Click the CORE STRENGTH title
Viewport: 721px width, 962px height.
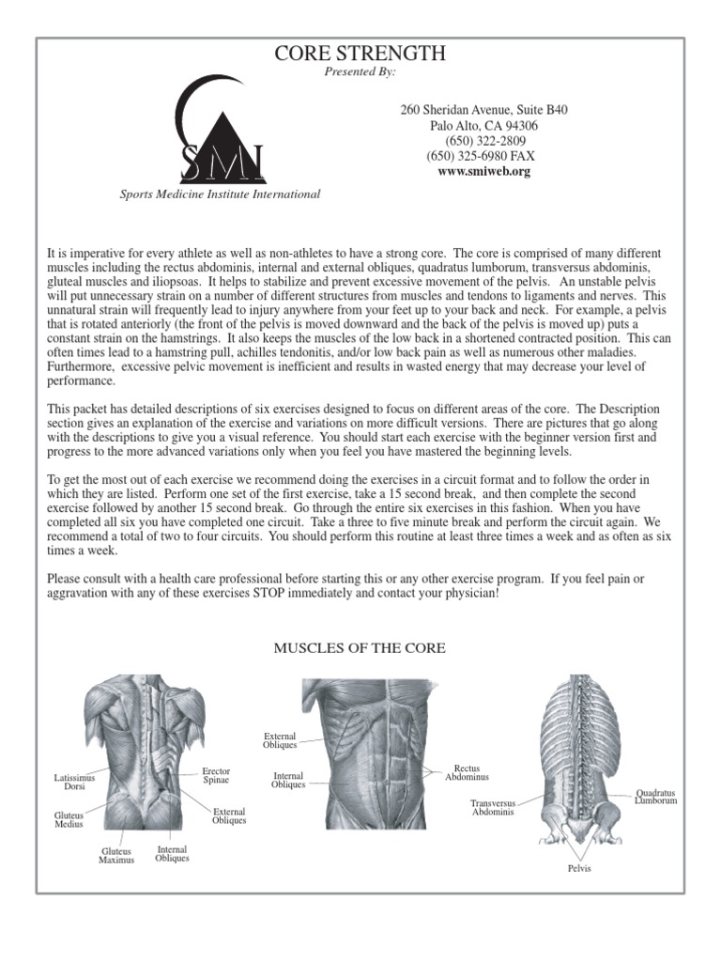pyautogui.click(x=360, y=54)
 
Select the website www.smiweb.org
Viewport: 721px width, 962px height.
pyautogui.click(x=483, y=172)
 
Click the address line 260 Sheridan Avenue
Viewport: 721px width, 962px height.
pyautogui.click(x=483, y=110)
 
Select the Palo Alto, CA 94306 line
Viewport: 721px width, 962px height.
pyautogui.click(x=483, y=126)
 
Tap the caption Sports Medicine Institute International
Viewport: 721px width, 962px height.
pyautogui.click(x=220, y=194)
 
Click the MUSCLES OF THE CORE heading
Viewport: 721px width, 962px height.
pyautogui.click(x=360, y=648)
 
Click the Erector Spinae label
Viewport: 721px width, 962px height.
pyautogui.click(x=216, y=775)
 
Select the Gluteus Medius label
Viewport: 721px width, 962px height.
pyautogui.click(x=69, y=819)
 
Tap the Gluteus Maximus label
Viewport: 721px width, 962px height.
pyautogui.click(x=116, y=855)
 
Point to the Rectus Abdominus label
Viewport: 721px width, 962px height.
pyautogui.click(x=467, y=773)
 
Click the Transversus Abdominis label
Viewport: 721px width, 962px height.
pyautogui.click(x=493, y=807)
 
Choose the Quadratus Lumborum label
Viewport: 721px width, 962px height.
pyautogui.click(x=655, y=797)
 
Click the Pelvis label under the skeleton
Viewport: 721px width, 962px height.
pyautogui.click(x=579, y=869)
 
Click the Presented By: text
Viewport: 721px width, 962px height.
pyautogui.click(x=360, y=71)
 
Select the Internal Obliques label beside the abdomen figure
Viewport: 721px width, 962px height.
pyautogui.click(x=288, y=780)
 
